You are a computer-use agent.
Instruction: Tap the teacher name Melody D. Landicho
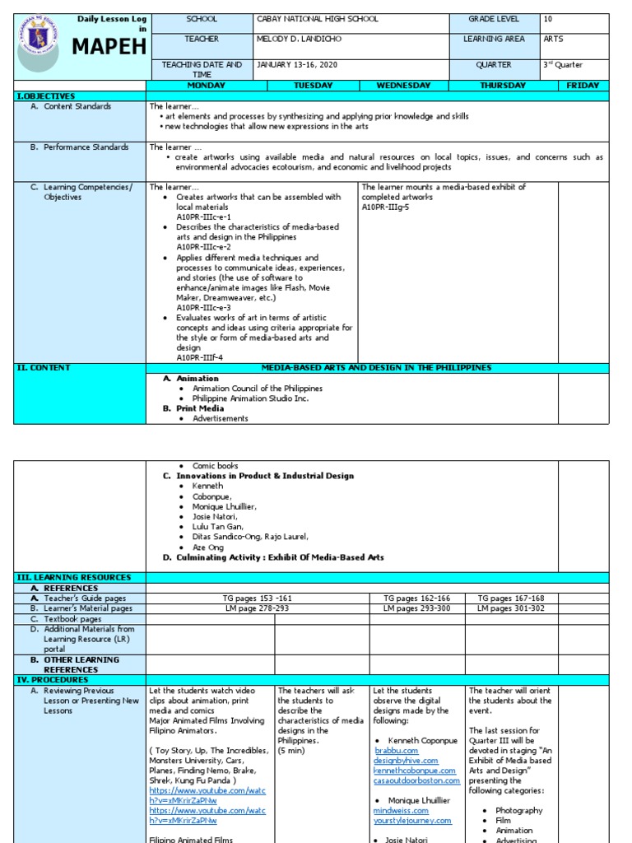pos(299,39)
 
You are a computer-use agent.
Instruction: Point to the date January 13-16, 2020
pos(297,65)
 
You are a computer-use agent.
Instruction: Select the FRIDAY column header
pos(583,86)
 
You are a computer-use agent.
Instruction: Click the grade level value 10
pos(548,19)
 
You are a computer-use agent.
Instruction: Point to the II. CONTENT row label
pos(44,368)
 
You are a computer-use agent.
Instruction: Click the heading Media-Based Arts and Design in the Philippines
pos(376,368)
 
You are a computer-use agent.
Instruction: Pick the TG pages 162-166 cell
pos(416,598)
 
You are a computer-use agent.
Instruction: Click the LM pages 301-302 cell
pos(510,608)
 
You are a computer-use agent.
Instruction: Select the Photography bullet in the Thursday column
pos(519,811)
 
